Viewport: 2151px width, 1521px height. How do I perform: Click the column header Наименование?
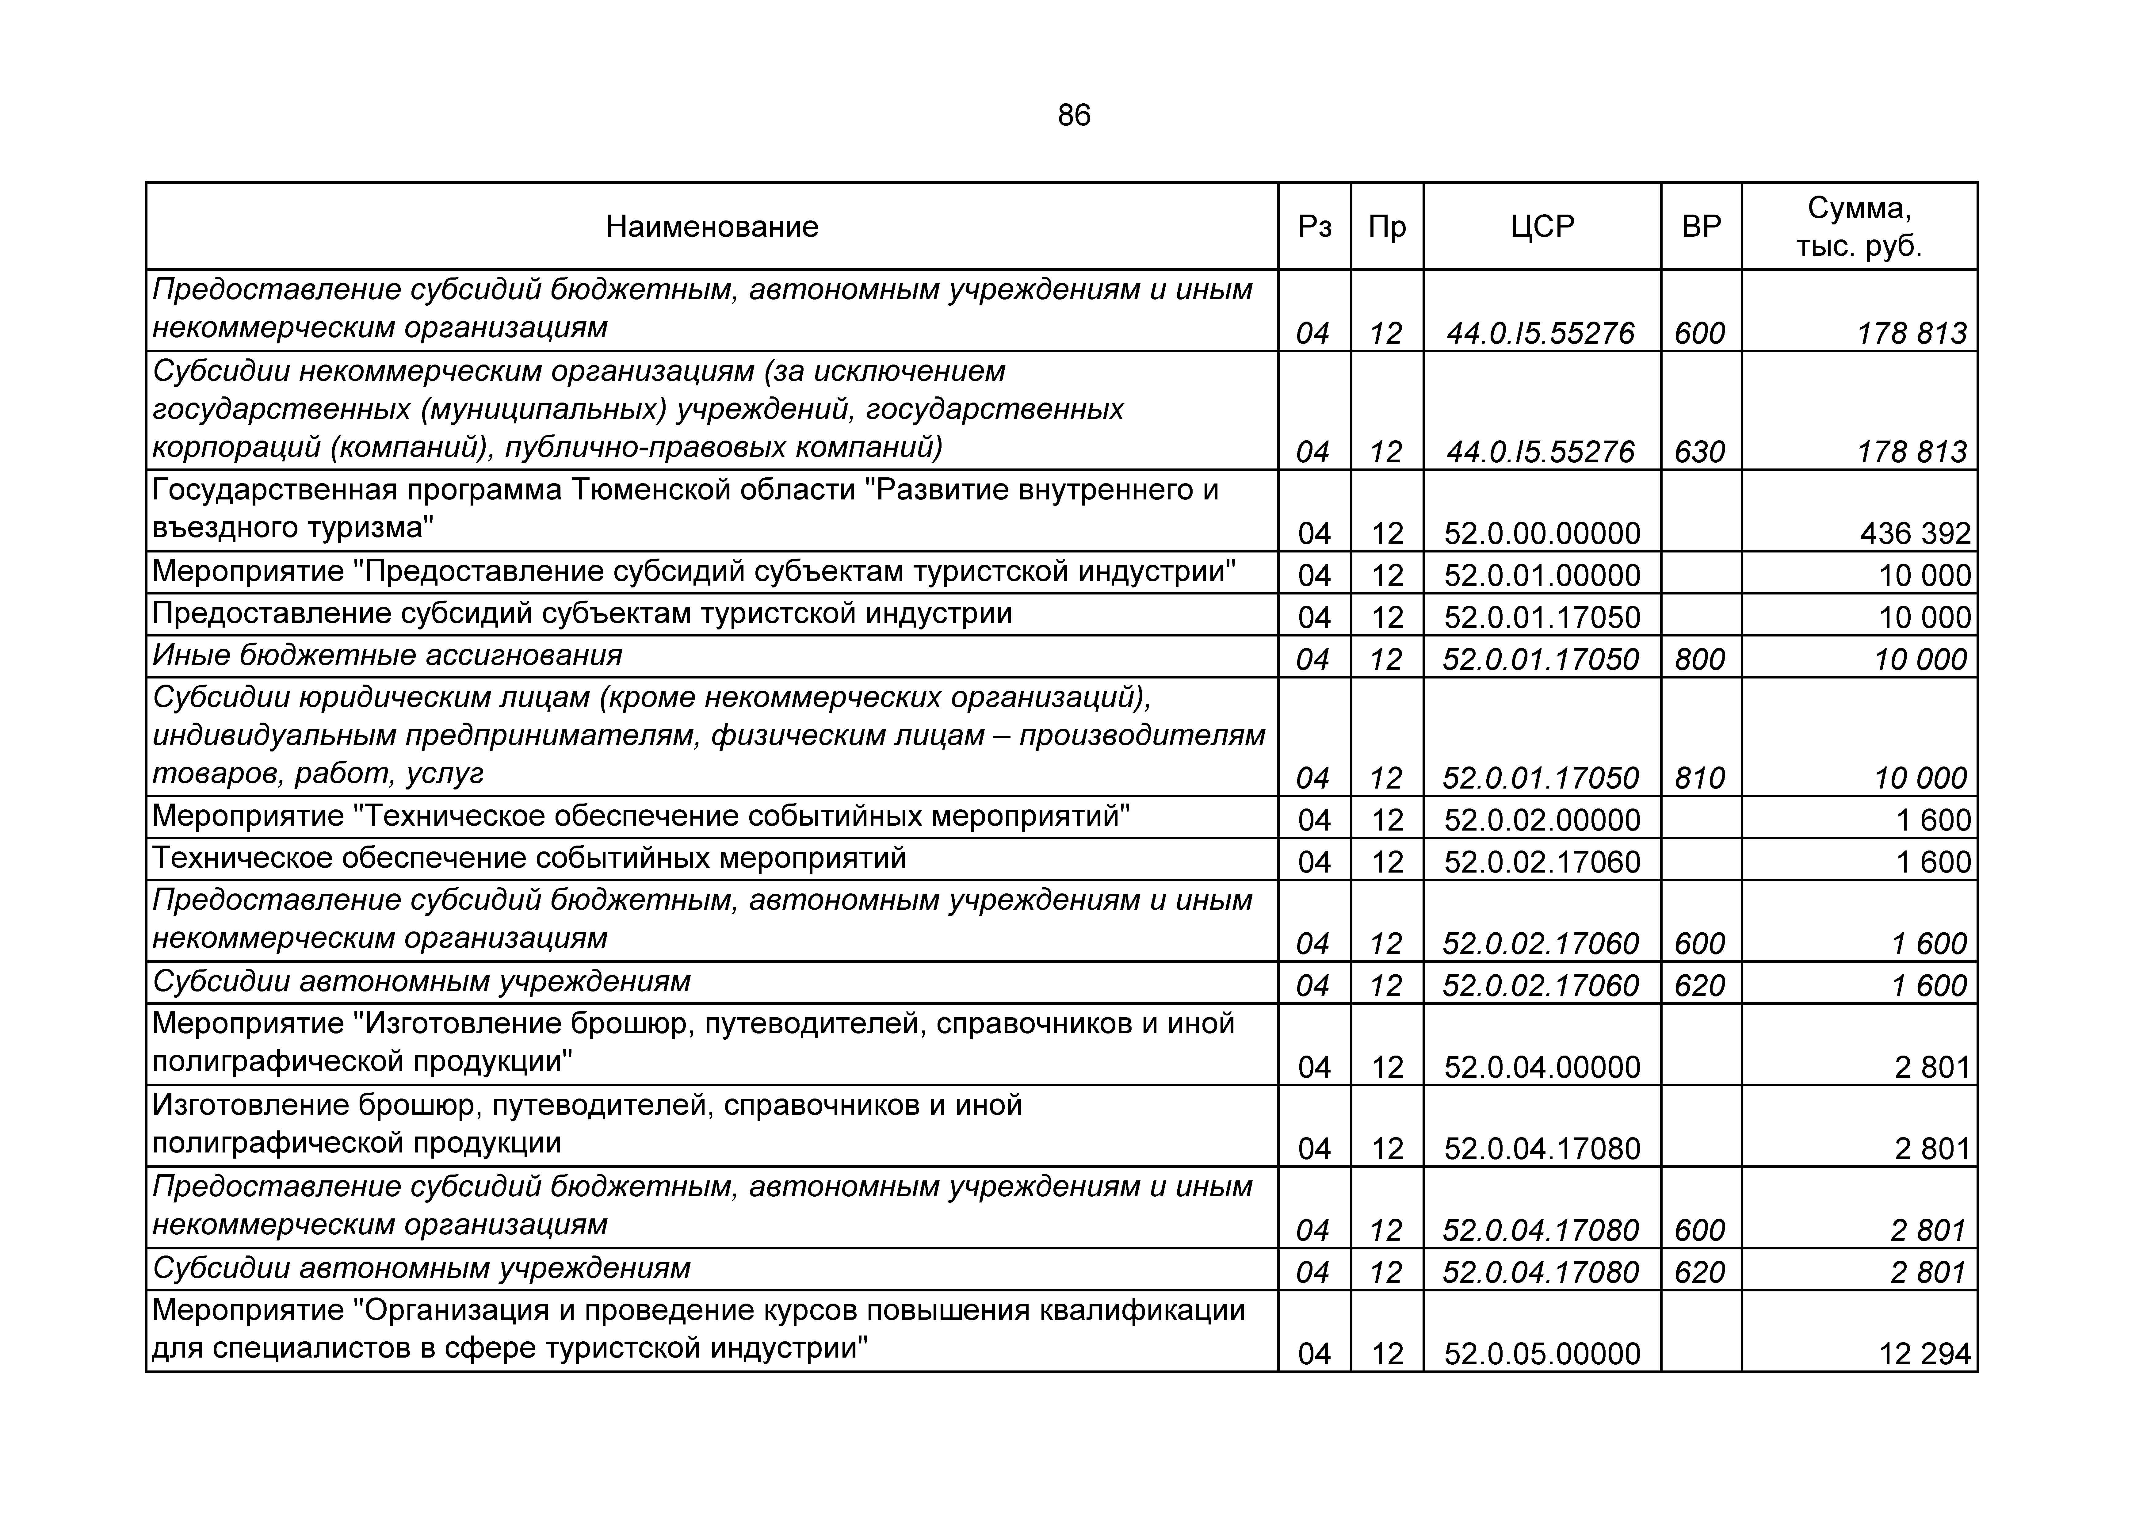point(712,227)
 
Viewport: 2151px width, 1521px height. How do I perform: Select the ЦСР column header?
point(1542,227)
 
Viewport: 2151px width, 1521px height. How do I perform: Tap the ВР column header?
point(1701,227)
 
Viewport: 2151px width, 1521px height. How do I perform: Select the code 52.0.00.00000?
point(1542,533)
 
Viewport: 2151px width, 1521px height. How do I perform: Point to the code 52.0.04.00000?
point(1542,1068)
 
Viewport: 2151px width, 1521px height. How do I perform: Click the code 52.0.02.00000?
point(1542,820)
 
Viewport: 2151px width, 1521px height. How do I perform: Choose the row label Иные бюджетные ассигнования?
point(387,655)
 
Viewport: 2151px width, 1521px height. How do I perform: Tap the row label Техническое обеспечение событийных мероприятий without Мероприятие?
point(529,858)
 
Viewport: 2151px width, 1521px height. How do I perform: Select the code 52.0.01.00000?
point(1542,575)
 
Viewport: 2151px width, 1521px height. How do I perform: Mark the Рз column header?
point(1314,227)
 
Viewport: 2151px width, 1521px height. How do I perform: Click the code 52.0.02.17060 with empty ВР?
point(1542,862)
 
